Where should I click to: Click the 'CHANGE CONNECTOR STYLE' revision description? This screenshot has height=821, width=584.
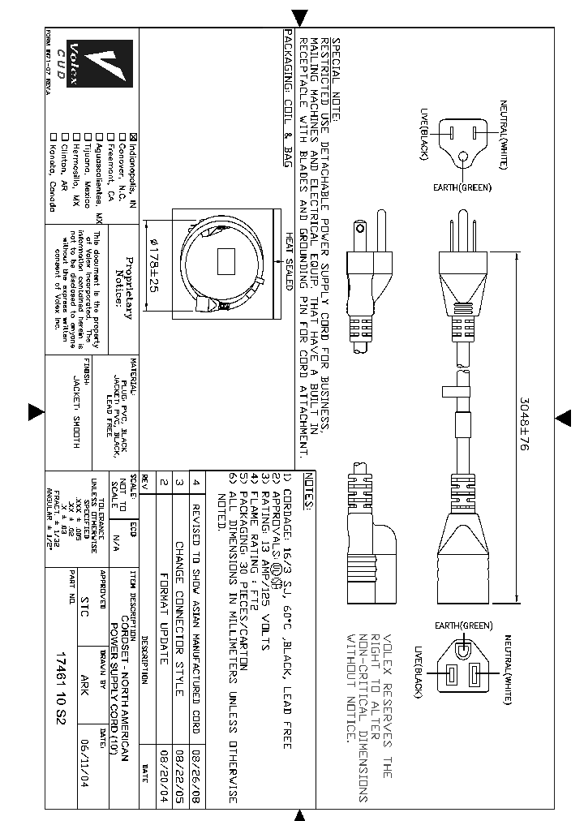pyautogui.click(x=181, y=617)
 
